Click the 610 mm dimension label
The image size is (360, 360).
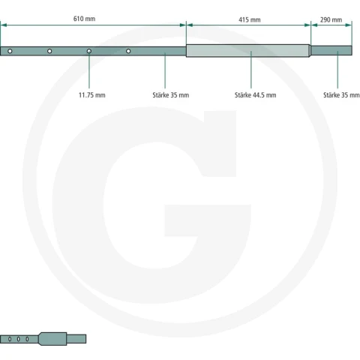[84, 19]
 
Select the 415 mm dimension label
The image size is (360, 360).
[250, 19]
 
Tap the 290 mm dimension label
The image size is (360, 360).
[331, 19]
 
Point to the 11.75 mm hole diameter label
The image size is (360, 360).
[92, 95]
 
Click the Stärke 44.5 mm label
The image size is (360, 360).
[255, 95]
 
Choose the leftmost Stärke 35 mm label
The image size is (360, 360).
[171, 95]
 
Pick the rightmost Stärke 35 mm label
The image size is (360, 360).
[341, 95]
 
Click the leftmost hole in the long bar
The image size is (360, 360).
[10, 51]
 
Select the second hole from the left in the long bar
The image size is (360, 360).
[49, 51]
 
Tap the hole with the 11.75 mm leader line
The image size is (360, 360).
[89, 51]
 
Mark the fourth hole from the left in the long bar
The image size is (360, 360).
[128, 51]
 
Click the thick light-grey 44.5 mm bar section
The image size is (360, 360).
[248, 51]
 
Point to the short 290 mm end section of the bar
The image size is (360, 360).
[331, 50]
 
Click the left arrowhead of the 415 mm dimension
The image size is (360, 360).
[190, 25]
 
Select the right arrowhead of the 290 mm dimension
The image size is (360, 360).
[349, 25]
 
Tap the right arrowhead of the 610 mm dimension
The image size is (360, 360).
[183, 25]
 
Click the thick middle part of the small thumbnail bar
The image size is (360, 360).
[52, 339]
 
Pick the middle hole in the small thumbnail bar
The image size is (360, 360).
[18, 339]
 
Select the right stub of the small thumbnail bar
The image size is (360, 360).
[76, 339]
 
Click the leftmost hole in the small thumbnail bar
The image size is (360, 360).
[10, 339]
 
